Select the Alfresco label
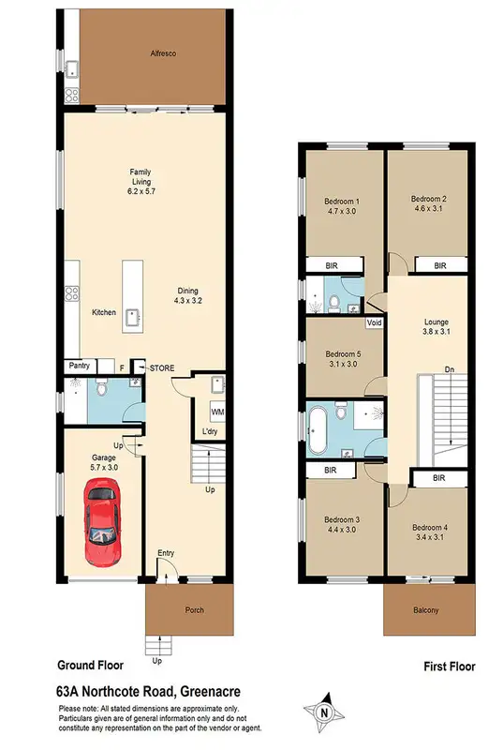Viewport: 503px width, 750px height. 165,54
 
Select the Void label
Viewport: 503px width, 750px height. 375,323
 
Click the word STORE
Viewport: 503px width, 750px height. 163,367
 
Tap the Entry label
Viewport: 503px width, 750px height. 166,552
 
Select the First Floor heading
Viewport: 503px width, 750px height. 443,667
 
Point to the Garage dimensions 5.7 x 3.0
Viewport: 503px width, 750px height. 103,466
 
